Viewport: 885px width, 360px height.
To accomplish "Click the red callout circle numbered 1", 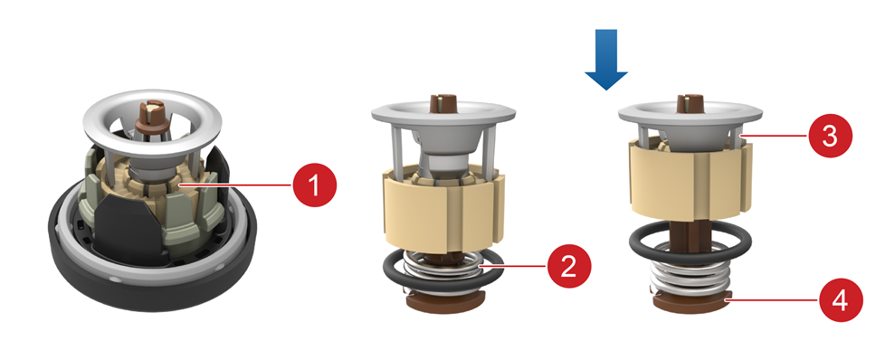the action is pyautogui.click(x=314, y=185).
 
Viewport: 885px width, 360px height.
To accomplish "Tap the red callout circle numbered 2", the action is pyautogui.click(x=569, y=265).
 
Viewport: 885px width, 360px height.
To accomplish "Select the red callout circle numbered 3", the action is pyautogui.click(x=830, y=136).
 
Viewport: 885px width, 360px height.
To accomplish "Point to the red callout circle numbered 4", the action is pyautogui.click(x=841, y=300).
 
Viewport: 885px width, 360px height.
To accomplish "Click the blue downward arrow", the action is pyautogui.click(x=606, y=60).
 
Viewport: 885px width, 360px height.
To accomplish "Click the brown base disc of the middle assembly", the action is pyautogui.click(x=442, y=302).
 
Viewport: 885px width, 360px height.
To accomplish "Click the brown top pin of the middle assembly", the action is pyautogui.click(x=442, y=104).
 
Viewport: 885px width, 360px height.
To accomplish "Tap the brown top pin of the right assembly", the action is pyautogui.click(x=689, y=104).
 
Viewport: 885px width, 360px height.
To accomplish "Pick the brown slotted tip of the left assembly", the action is pyautogui.click(x=151, y=113).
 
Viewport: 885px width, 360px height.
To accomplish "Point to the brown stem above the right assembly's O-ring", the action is pyautogui.click(x=690, y=237).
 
